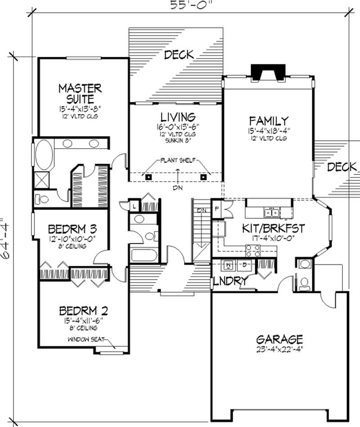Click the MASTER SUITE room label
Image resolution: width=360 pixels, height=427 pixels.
click(x=79, y=92)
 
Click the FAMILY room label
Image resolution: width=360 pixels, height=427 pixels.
click(x=269, y=121)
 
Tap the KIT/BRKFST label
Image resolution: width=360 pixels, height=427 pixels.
click(x=273, y=228)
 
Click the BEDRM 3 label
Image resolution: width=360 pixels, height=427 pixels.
click(x=72, y=228)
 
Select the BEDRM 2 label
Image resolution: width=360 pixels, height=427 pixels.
click(x=83, y=310)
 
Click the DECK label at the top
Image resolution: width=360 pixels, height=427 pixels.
click(x=179, y=55)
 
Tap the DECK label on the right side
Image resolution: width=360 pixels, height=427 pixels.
click(x=342, y=167)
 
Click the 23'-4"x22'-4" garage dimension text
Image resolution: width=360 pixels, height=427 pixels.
click(x=279, y=349)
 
